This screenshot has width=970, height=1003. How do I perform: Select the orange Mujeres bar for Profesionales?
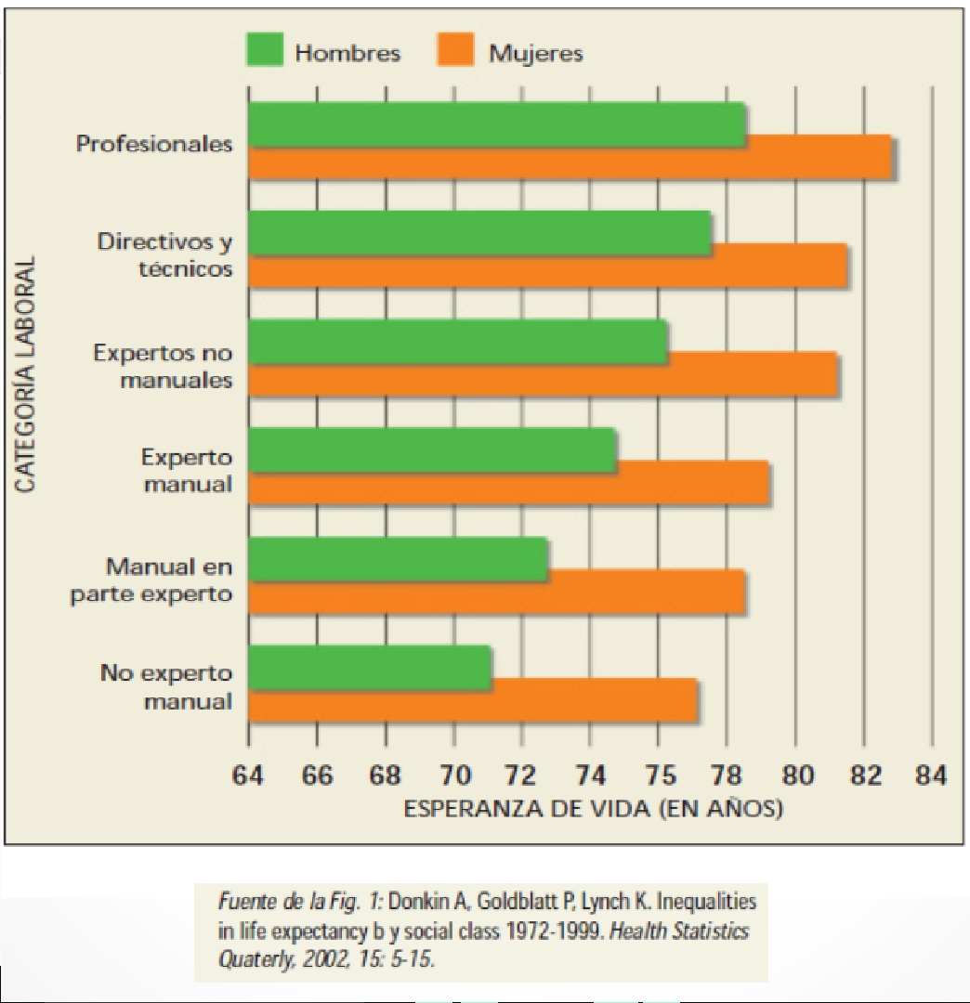(x=569, y=157)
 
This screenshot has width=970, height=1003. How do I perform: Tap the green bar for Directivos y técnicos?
(x=479, y=233)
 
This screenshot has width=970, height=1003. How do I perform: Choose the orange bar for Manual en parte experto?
(x=496, y=592)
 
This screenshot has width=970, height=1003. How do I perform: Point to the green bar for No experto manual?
(x=370, y=668)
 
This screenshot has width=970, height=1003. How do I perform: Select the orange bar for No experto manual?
(x=473, y=700)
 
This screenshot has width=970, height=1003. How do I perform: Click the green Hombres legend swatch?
(x=264, y=50)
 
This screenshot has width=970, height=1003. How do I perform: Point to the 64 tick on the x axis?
(x=249, y=775)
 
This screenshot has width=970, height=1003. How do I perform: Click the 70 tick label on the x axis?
(x=453, y=775)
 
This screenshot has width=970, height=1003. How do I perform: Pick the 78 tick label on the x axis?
(x=727, y=775)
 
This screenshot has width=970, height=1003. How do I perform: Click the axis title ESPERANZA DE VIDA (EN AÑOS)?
(x=593, y=809)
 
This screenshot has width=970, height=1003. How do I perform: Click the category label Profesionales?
(x=154, y=144)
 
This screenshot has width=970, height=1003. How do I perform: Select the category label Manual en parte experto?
(x=152, y=580)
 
